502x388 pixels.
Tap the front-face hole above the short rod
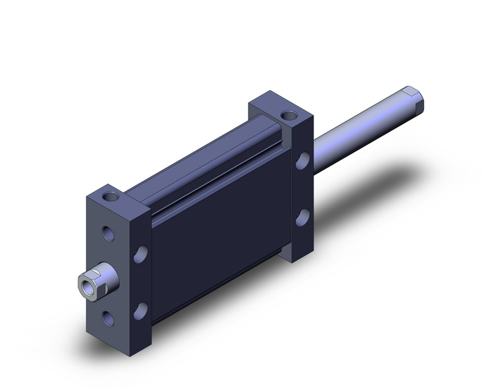coord(108,233)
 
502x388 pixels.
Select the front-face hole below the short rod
coord(108,319)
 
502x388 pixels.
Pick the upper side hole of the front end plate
coord(141,252)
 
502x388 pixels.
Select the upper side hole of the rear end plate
coord(303,160)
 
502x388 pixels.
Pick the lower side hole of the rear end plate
coord(303,217)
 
